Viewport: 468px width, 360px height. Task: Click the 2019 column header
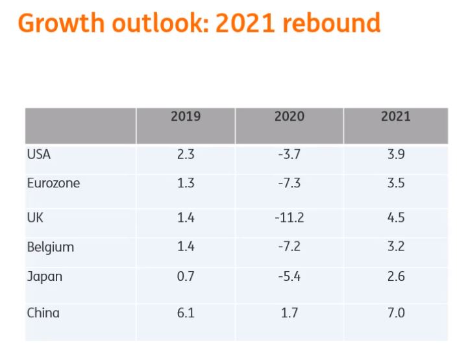click(x=186, y=117)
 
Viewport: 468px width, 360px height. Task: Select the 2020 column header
click(x=289, y=117)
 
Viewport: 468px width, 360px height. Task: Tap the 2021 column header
click(x=396, y=117)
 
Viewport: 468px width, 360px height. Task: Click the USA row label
click(x=39, y=154)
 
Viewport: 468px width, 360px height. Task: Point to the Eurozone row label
click(x=54, y=183)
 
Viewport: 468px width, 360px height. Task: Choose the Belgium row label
click(x=51, y=247)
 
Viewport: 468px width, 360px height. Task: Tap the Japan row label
click(x=45, y=276)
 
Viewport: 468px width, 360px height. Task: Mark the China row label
click(x=43, y=313)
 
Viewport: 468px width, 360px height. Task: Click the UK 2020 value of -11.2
click(x=289, y=217)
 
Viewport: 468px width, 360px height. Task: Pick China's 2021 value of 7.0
click(x=396, y=313)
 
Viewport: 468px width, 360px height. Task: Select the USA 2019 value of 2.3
click(x=186, y=154)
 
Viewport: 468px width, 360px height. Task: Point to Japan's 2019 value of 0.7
click(x=186, y=276)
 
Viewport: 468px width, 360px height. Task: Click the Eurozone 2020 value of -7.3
click(x=289, y=183)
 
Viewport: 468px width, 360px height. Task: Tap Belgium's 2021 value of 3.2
click(x=396, y=247)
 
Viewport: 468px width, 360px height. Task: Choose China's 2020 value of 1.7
click(x=289, y=313)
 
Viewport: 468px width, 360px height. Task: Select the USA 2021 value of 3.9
click(x=396, y=154)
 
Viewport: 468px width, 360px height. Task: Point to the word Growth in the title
click(x=62, y=23)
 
